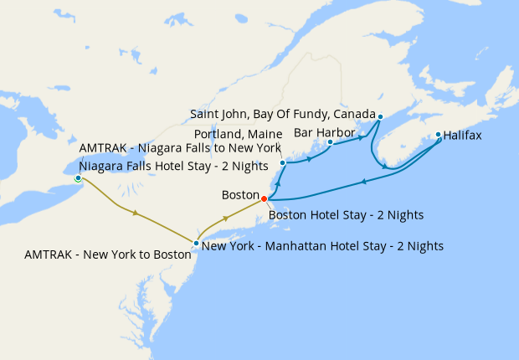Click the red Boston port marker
264,198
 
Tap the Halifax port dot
438,134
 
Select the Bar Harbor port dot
330,142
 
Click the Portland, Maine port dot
283,162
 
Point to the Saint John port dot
380,116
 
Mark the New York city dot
196,244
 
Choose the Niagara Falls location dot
78,178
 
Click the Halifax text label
462,135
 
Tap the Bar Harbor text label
325,132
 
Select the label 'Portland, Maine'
237,133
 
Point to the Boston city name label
240,194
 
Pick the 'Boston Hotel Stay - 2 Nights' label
346,214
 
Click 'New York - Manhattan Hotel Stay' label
322,246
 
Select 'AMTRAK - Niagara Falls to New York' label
180,147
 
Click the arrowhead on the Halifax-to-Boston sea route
363,182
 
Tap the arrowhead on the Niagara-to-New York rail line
136,213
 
